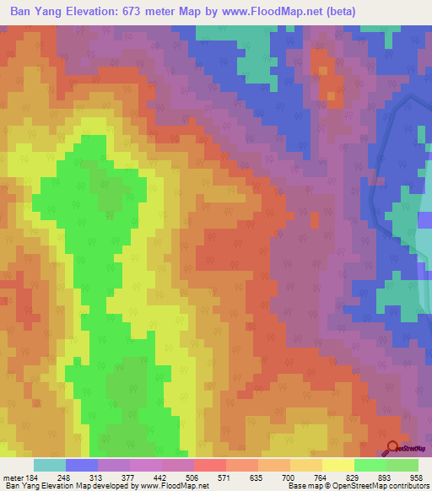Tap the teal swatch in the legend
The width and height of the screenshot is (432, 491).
click(50, 465)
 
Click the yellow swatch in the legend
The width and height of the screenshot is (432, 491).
click(338, 465)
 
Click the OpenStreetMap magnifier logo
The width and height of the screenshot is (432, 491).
click(393, 448)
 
